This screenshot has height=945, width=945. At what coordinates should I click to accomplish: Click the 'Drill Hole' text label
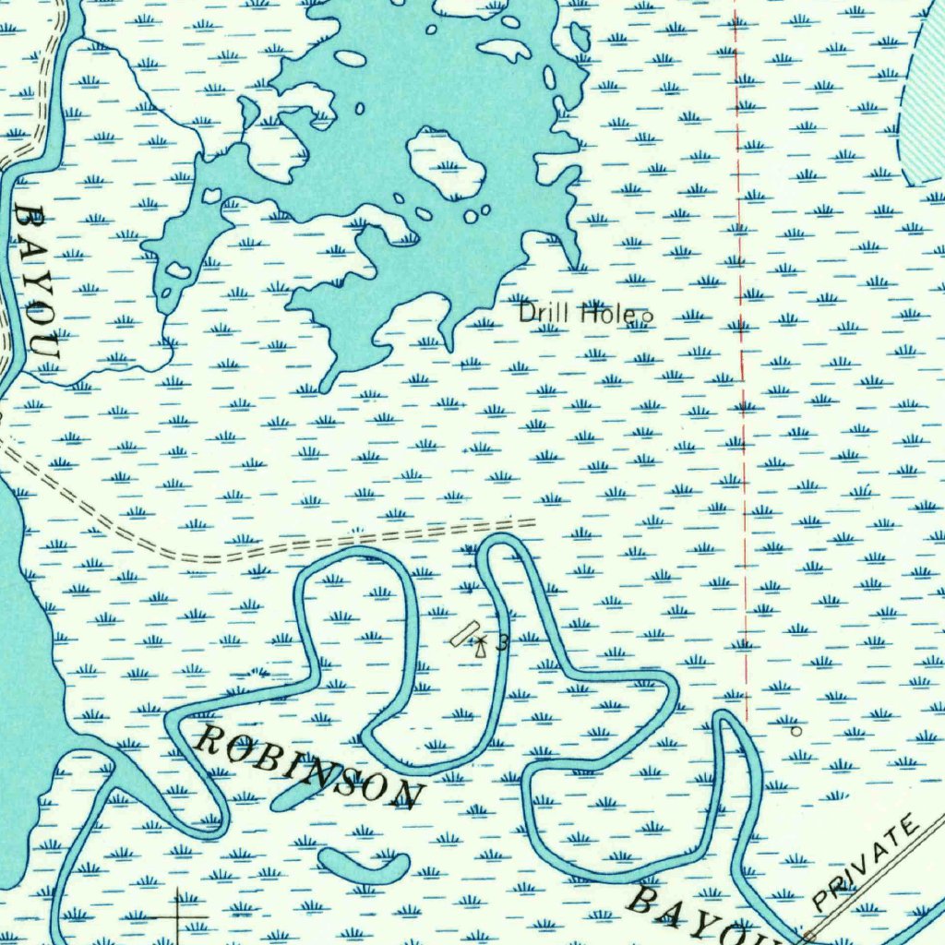[x=575, y=313]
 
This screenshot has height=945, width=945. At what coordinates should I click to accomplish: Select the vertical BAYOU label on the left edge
[x=37, y=281]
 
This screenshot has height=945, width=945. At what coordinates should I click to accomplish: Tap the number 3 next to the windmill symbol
[x=501, y=642]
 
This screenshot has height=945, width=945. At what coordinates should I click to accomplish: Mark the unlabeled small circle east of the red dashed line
[x=797, y=731]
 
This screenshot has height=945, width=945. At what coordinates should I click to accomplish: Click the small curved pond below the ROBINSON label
[x=364, y=867]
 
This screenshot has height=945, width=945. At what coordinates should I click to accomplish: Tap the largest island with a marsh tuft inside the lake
[x=447, y=163]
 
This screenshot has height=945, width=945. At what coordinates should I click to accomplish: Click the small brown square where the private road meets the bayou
[x=809, y=936]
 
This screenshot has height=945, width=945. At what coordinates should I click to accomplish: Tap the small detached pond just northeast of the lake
[x=580, y=37]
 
